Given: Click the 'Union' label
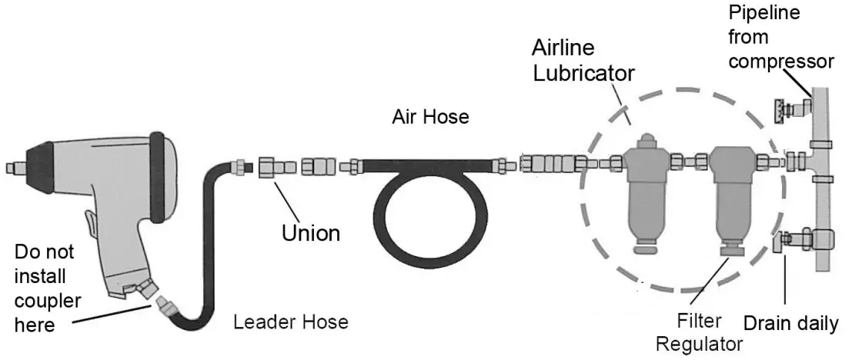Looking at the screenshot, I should pyautogui.click(x=310, y=232).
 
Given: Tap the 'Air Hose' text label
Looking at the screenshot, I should pyautogui.click(x=430, y=118).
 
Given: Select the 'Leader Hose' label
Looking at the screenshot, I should pyautogui.click(x=291, y=321).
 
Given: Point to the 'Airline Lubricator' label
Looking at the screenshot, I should pyautogui.click(x=583, y=60).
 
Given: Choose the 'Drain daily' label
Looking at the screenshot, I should pyautogui.click(x=790, y=324).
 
